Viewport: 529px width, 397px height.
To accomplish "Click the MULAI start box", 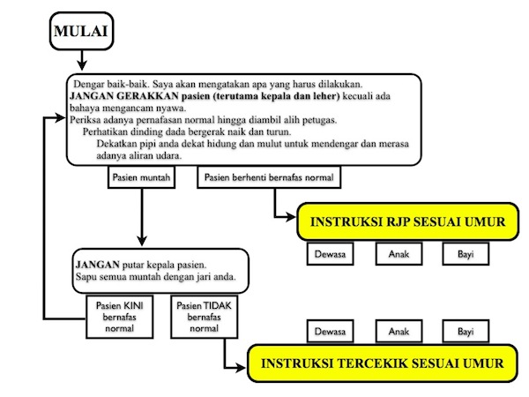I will (x=80, y=34).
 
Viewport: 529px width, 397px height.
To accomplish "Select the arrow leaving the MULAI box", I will (x=80, y=59).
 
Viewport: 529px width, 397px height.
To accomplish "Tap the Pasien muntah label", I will (x=141, y=177).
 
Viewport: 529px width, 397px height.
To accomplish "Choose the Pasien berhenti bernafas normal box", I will (x=269, y=177).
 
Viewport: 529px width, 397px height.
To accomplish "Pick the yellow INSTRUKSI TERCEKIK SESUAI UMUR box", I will (x=381, y=363).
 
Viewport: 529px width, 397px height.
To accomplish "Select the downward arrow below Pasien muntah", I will (x=141, y=221).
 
